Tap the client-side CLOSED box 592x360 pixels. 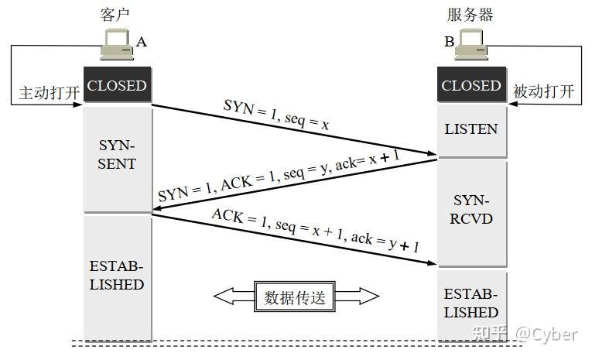coord(117,86)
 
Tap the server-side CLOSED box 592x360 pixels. coord(471,86)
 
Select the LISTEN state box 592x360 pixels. coord(471,129)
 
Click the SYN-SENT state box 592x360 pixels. coord(117,155)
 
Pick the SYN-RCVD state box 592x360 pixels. coord(471,210)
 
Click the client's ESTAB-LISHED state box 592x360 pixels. coord(117,276)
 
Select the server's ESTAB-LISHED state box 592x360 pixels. coord(471,303)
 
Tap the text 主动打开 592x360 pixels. coord(50,92)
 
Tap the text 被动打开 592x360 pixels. coord(544,92)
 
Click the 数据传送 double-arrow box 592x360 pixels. coord(296,296)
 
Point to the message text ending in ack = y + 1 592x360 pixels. coord(316,231)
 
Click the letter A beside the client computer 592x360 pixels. coord(142,42)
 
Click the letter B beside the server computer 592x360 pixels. coord(449,42)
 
